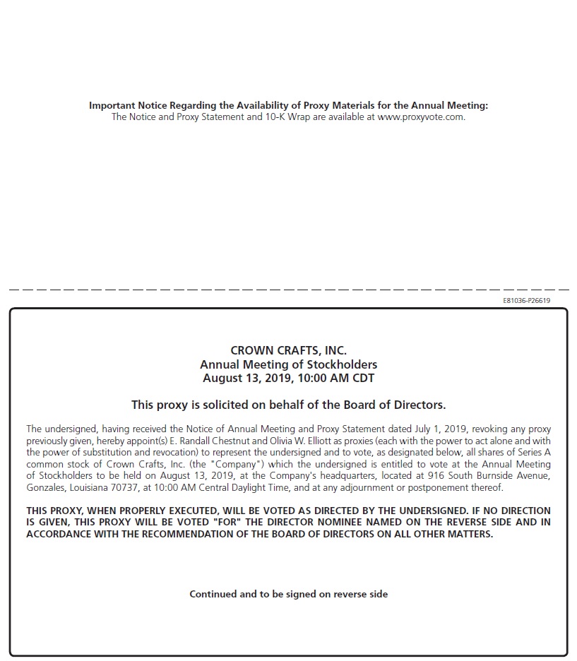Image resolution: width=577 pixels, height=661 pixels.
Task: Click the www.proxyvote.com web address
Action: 421,117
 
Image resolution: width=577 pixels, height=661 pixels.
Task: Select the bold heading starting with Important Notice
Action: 288,106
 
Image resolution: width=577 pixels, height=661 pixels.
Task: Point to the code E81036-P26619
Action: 526,301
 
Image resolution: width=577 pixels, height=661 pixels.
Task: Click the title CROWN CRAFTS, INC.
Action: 288,351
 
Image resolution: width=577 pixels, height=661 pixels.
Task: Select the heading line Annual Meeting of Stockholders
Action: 288,365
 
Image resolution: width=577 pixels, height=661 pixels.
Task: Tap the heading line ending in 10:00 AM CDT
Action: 288,379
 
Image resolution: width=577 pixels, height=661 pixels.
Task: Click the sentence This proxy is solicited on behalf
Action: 288,405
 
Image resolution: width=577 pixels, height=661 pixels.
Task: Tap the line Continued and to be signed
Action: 288,595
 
